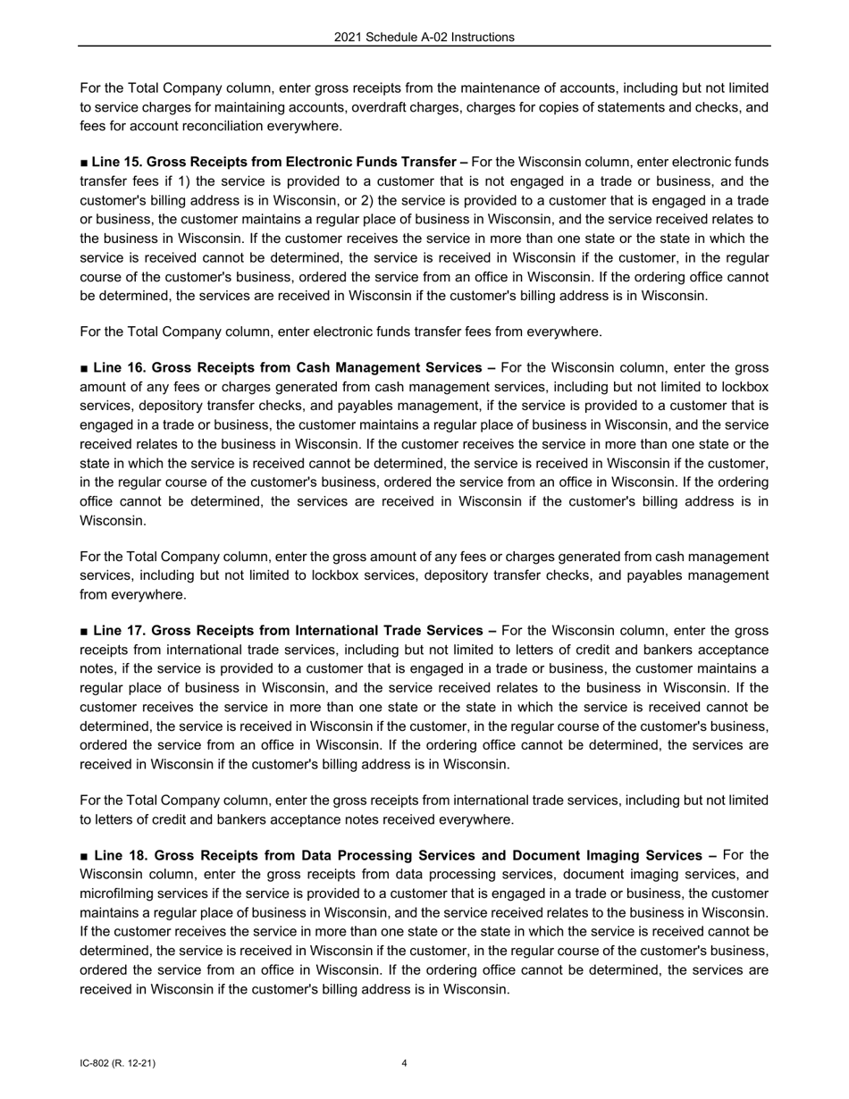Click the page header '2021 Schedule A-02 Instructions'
pyautogui.click(x=424, y=38)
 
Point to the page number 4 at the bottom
pyautogui.click(x=405, y=1063)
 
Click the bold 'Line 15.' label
pyautogui.click(x=116, y=162)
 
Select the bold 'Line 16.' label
pyautogui.click(x=117, y=367)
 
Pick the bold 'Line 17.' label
pyautogui.click(x=117, y=630)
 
